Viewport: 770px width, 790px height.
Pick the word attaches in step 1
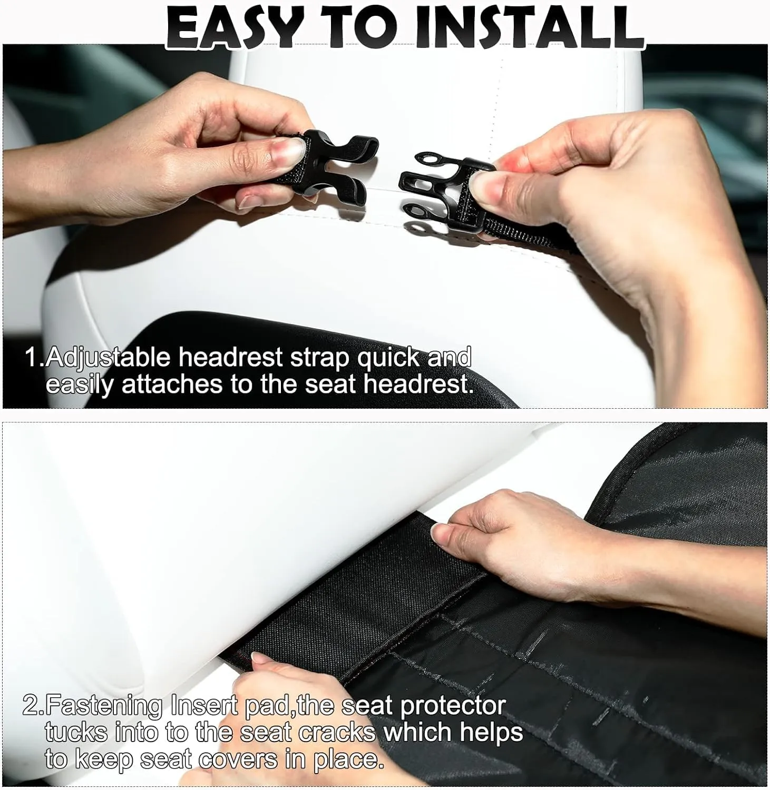(173, 384)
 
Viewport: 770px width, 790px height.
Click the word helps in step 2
(491, 733)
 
